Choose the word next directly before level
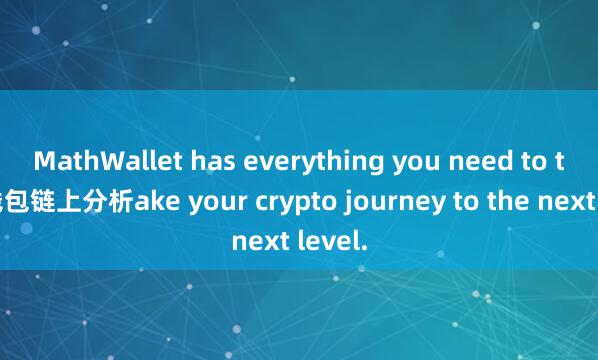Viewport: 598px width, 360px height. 262,240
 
